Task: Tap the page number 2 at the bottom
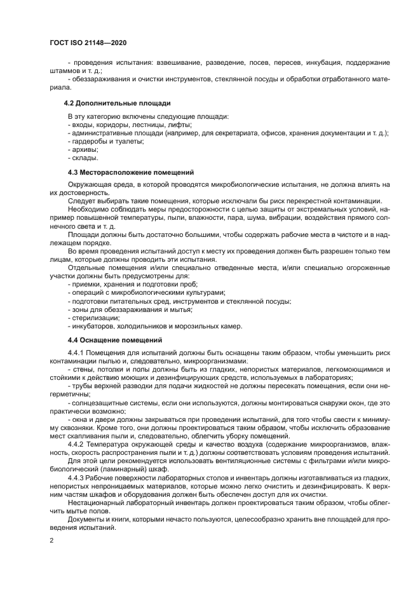click(x=51, y=541)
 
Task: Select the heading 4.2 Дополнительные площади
click(x=118, y=102)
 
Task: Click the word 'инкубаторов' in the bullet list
click(x=93, y=326)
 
